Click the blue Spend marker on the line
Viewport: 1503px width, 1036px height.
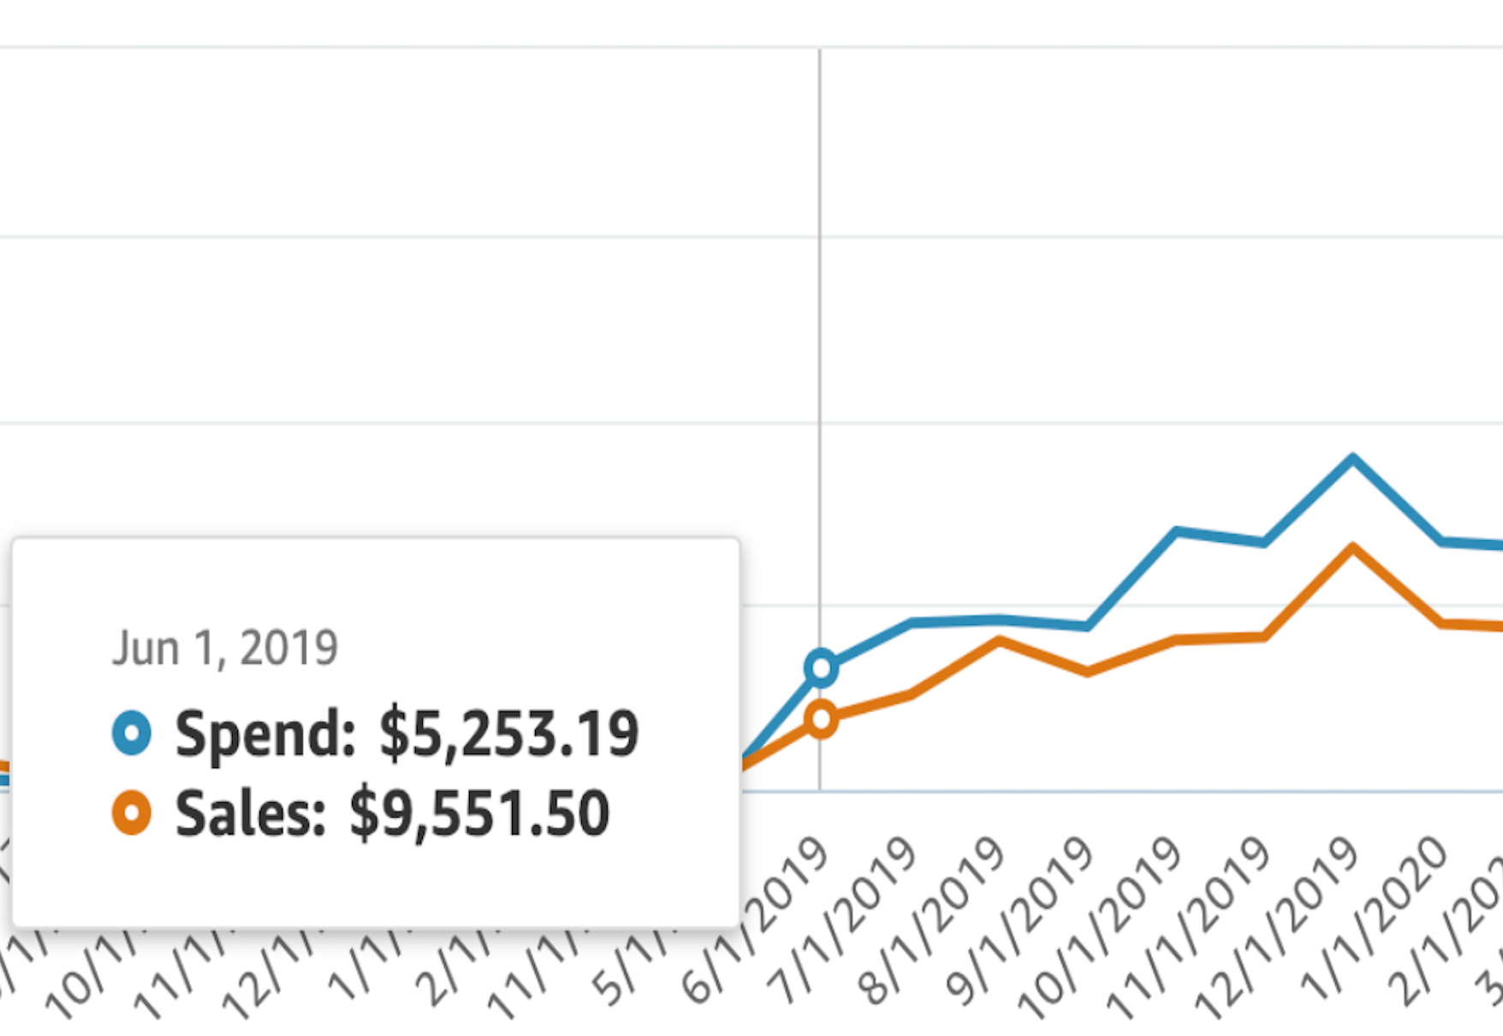pos(821,667)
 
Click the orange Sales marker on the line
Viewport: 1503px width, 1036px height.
pos(821,719)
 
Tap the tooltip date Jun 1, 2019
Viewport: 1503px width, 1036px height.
pos(225,647)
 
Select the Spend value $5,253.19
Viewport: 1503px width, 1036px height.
pos(508,734)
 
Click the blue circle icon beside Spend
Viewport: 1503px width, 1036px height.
pos(132,733)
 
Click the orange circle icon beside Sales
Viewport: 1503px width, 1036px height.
pos(132,812)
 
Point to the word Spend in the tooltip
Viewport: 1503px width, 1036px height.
pos(264,734)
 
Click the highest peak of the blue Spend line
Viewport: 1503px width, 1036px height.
pos(1352,458)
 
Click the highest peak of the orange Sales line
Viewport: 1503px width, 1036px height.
pos(1352,547)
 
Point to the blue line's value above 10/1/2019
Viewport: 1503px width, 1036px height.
pos(1176,532)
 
